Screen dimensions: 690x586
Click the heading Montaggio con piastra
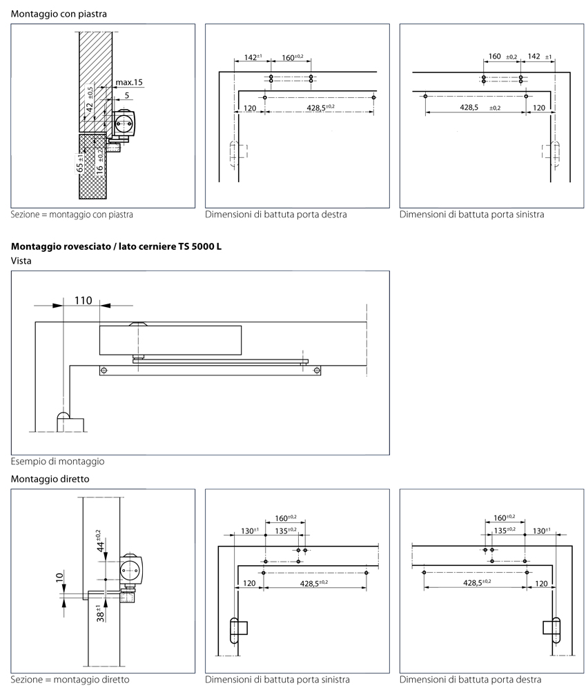pyautogui.click(x=59, y=13)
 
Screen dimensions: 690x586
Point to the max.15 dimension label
pyautogui.click(x=129, y=82)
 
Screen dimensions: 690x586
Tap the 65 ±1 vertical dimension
pyautogui.click(x=81, y=164)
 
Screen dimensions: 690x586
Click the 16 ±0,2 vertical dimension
pyautogui.click(x=100, y=159)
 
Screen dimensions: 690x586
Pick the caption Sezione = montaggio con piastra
pyautogui.click(x=72, y=215)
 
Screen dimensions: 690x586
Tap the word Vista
pyautogui.click(x=22, y=261)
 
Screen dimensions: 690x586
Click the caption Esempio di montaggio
pyautogui.click(x=58, y=461)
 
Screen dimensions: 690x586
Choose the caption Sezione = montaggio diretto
pyautogui.click(x=70, y=680)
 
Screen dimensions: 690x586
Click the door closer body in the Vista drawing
pyautogui.click(x=170, y=339)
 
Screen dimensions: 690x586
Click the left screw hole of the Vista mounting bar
pyautogui.click(x=104, y=371)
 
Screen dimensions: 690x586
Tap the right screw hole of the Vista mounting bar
pyautogui.click(x=317, y=371)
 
